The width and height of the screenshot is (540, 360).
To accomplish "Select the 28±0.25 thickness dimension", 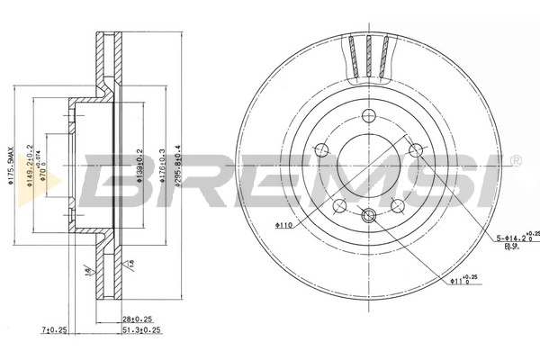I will click(136, 319).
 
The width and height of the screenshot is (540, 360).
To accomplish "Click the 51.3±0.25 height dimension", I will click(141, 329).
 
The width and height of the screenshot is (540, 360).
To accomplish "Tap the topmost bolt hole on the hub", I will click(367, 114).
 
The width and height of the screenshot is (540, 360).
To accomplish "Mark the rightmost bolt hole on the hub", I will click(415, 149).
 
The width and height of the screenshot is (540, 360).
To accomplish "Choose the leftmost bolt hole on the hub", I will click(319, 149).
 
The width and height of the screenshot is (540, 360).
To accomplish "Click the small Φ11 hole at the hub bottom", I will click(367, 215).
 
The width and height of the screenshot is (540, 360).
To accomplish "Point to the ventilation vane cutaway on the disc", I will click(368, 56).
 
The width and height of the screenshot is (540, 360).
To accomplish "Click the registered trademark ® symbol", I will click(516, 161).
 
